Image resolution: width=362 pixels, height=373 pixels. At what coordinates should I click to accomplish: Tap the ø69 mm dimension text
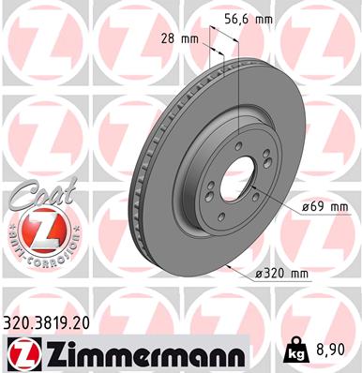tap(324, 206)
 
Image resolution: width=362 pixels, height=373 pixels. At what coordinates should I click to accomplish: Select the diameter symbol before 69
tap(307, 206)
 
